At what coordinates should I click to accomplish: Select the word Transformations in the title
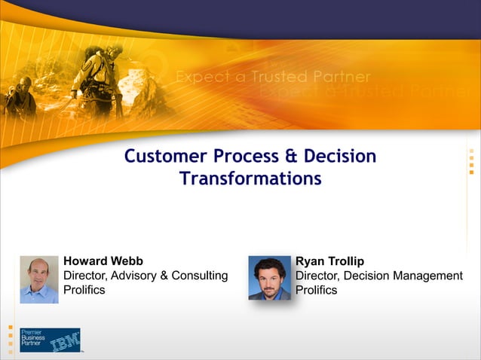(x=250, y=178)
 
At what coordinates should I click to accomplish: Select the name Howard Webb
(x=103, y=261)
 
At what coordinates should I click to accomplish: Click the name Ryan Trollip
(x=329, y=261)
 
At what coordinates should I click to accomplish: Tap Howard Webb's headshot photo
(x=39, y=279)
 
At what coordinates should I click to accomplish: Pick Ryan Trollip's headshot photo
(x=269, y=278)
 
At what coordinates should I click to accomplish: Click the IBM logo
(x=66, y=340)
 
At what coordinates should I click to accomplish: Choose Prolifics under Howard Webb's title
(x=84, y=290)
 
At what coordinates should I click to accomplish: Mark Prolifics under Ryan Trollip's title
(x=317, y=290)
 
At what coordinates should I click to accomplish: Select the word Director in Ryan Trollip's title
(x=318, y=276)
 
